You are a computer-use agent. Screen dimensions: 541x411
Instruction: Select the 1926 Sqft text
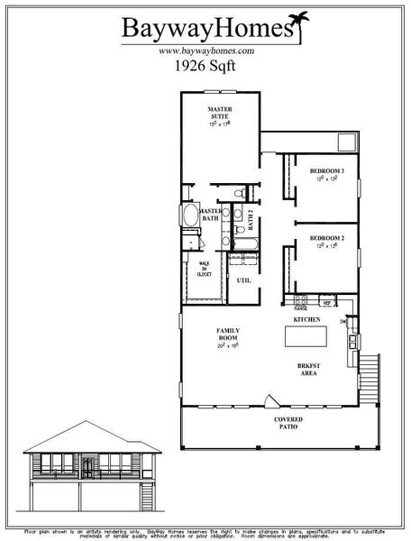click(205, 68)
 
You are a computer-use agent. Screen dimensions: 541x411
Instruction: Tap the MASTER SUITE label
click(221, 116)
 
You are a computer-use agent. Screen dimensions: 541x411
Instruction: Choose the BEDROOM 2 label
click(326, 242)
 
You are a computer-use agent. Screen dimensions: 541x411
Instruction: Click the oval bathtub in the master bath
click(191, 216)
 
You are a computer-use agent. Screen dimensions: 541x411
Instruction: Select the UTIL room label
click(242, 280)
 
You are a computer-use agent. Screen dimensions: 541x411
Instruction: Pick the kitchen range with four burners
click(300, 302)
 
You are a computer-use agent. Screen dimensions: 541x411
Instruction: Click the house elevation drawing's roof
click(85, 442)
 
